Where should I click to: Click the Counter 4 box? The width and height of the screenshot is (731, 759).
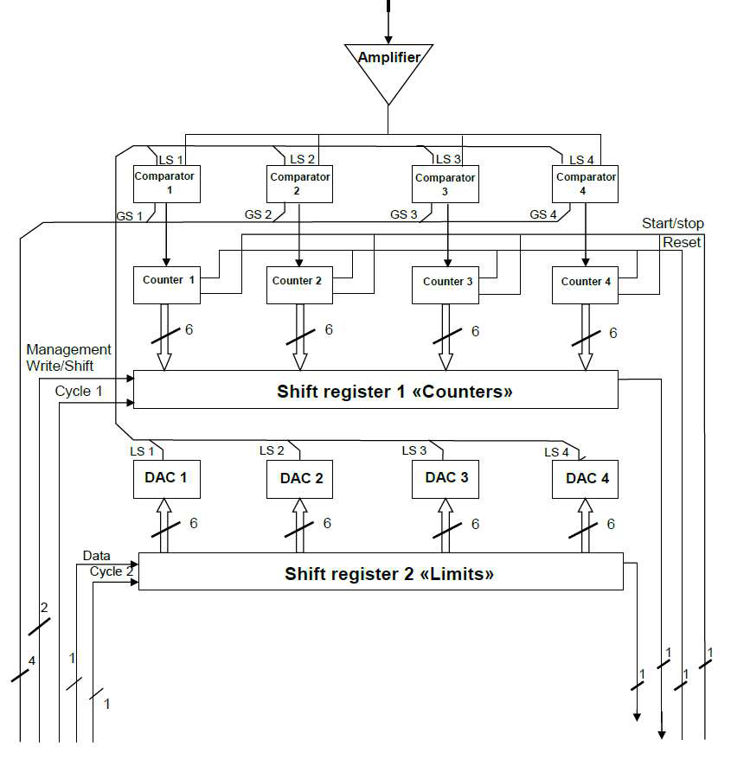pos(586,284)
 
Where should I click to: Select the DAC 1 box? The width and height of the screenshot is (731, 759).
pos(166,478)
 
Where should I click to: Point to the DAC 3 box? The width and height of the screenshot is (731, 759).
pos(446,478)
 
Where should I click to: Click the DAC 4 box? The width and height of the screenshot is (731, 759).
pos(586,478)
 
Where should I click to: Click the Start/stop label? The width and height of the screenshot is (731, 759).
pos(672,224)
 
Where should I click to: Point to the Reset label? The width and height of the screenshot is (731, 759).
pos(682,243)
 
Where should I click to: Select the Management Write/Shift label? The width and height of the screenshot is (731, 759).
pos(68,357)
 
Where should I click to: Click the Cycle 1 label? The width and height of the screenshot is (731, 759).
pos(79,391)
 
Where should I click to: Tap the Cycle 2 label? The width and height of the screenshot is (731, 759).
pos(112,571)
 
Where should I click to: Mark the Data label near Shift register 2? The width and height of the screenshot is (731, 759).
pos(96,555)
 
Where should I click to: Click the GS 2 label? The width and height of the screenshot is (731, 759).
pos(258,214)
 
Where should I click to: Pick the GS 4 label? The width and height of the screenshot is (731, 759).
pos(543,214)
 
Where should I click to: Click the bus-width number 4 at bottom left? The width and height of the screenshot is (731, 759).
pos(31,661)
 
